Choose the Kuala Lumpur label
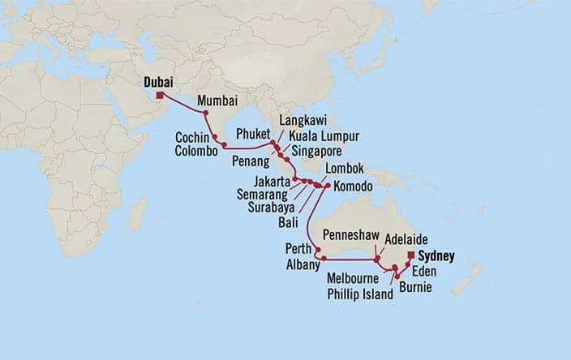click(324, 135)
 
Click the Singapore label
click(317, 150)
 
